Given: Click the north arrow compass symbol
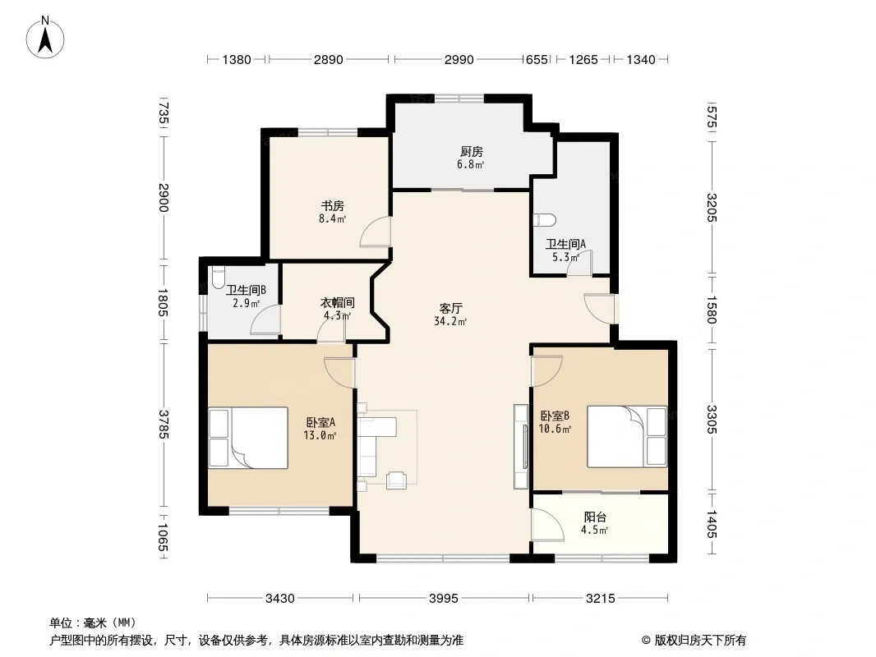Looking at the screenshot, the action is (45, 37).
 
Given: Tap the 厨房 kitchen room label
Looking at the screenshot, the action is (472, 151).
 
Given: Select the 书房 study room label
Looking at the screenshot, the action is (333, 206).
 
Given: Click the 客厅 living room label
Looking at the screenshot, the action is (451, 308).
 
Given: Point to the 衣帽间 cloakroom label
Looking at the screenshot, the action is (338, 302).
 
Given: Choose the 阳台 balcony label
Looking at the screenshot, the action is (595, 517).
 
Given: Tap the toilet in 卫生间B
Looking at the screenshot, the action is (217, 278).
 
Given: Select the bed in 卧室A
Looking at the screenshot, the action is (249, 438).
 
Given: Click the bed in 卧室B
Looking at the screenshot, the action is (627, 437).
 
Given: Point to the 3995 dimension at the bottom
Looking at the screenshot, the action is (444, 599).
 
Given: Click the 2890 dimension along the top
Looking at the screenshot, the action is (329, 59).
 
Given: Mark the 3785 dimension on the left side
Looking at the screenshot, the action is (164, 425).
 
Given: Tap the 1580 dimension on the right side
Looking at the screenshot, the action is (711, 310).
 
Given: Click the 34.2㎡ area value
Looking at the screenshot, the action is (450, 321).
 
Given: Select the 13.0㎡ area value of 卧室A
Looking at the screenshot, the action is (320, 435).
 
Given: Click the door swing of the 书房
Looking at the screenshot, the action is (374, 232).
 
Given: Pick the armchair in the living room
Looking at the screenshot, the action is (396, 479).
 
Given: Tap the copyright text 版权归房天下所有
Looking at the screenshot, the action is (700, 641).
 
